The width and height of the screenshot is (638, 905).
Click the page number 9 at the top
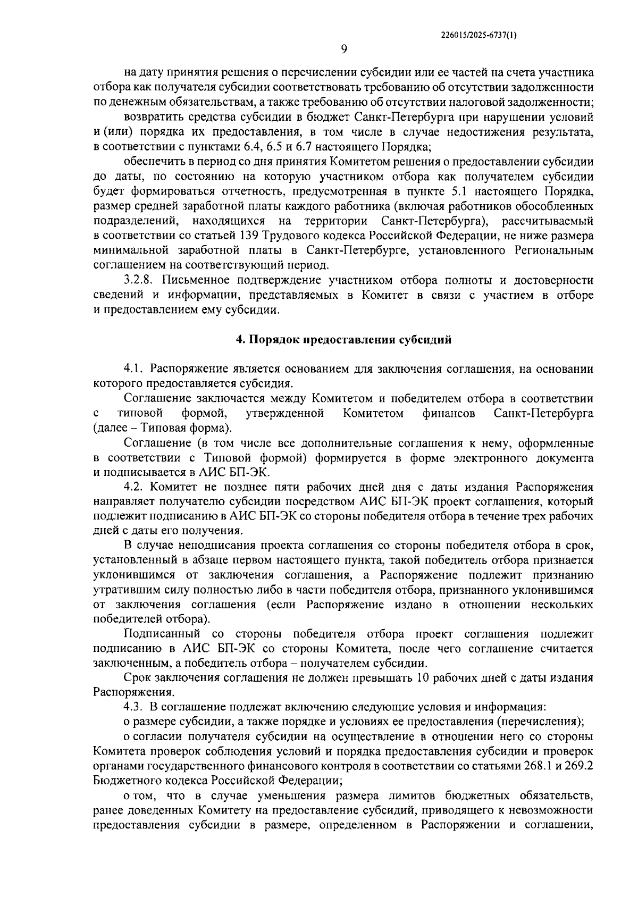click(x=343, y=49)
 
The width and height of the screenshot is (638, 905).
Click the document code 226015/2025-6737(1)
click(x=479, y=35)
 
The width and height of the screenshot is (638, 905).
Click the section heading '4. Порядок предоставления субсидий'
click(x=344, y=340)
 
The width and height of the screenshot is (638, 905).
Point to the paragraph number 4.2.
click(x=135, y=487)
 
